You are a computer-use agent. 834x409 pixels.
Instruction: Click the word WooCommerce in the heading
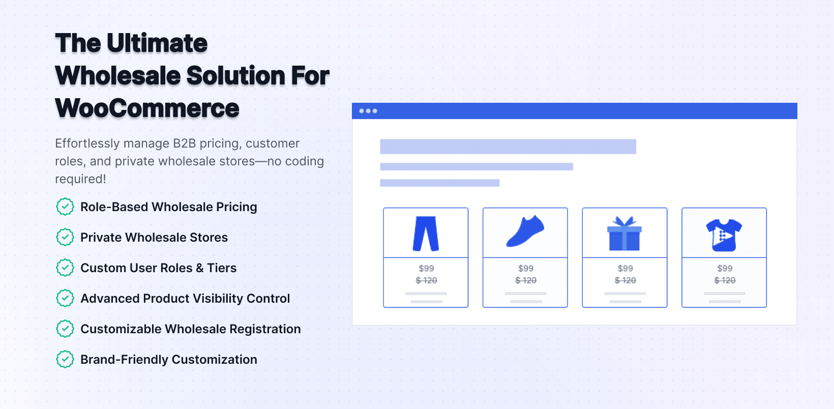pos(147,108)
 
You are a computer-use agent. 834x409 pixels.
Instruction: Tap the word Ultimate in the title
pos(157,43)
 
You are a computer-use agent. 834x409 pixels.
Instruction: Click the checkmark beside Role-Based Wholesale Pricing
pos(65,207)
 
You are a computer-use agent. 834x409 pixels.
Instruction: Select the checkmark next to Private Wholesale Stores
pos(65,237)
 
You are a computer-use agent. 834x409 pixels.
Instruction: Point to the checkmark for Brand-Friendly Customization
pos(65,360)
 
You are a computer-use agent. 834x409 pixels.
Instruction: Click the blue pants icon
pos(426,233)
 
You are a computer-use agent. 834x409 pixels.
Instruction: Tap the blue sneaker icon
pos(525,231)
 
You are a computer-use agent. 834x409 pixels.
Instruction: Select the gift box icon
pos(625,233)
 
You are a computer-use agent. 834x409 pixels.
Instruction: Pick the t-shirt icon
pos(724,235)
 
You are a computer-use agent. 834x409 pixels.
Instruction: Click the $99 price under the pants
pos(426,268)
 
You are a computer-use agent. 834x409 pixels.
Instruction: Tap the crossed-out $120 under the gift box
pos(625,280)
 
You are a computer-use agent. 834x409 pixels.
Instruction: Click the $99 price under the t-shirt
pos(725,268)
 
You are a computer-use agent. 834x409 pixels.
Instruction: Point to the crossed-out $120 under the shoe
pos(526,280)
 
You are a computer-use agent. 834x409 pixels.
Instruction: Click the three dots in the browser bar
pos(368,111)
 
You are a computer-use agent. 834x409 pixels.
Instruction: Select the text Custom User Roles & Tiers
pos(158,268)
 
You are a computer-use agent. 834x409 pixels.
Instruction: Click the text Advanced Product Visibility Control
pos(185,299)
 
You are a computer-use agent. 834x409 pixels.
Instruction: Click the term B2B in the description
pos(184,143)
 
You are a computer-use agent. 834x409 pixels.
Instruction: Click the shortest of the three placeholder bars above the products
pos(440,183)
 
